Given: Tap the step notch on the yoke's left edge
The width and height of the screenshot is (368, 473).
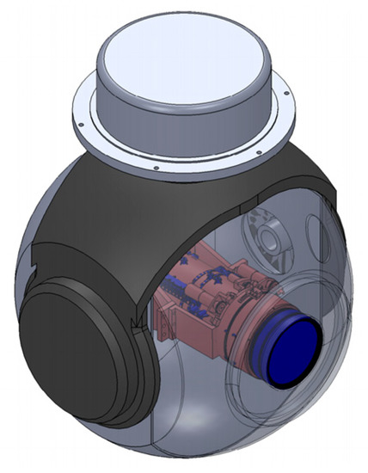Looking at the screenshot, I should point(31,273).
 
